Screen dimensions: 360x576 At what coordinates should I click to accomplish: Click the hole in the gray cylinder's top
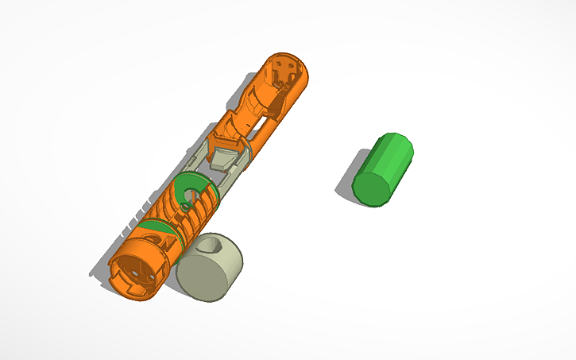point(214,247)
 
